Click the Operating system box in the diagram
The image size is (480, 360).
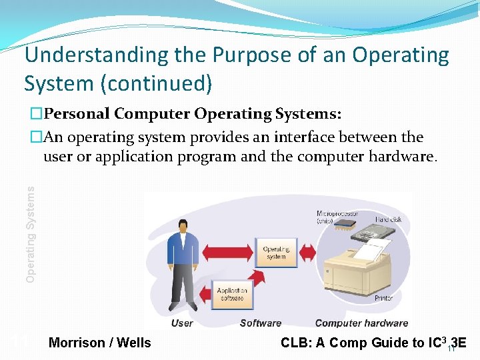coord(275,253)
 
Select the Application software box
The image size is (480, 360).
coord(232,294)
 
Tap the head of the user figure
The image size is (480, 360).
coord(183,226)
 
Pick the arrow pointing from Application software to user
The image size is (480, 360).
coord(205,294)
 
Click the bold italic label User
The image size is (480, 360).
coord(182,323)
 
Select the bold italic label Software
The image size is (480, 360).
coord(260,323)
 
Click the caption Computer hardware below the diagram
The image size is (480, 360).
coord(361,323)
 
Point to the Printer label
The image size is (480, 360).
coord(383,298)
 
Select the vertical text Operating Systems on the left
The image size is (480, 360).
coord(30,233)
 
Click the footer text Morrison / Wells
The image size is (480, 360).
coord(100,343)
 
